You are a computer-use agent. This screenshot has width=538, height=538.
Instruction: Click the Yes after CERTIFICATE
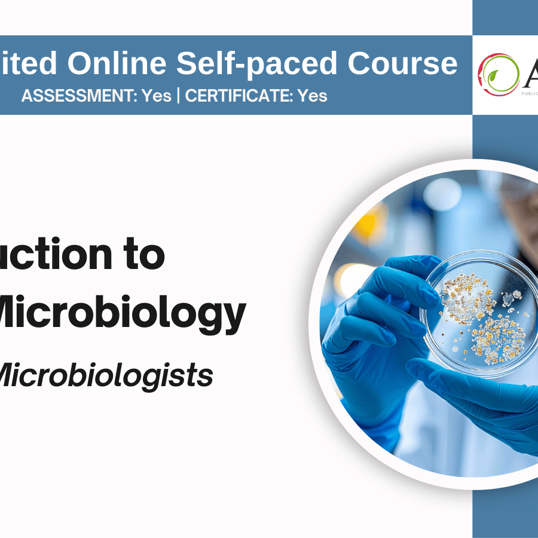(x=312, y=96)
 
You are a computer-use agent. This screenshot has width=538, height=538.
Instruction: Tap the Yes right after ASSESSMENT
(x=157, y=96)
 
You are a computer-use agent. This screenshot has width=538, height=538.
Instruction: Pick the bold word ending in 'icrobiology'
(x=120, y=315)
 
